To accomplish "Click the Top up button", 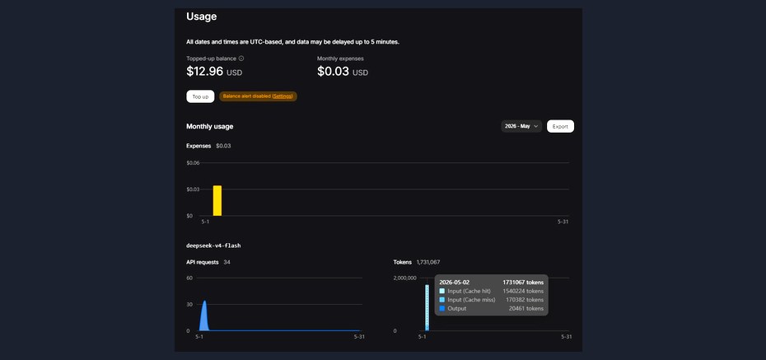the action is pyautogui.click(x=200, y=96).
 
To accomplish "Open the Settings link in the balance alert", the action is pyautogui.click(x=283, y=96).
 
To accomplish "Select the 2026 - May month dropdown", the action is pyautogui.click(x=521, y=126).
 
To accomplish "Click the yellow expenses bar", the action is pyautogui.click(x=217, y=201).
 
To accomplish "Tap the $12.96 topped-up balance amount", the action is pyautogui.click(x=205, y=72).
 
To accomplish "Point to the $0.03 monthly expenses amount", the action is pyautogui.click(x=334, y=72).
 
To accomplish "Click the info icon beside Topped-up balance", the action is pyautogui.click(x=241, y=58).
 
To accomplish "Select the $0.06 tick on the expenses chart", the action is pyautogui.click(x=193, y=162).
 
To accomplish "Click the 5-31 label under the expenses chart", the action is pyautogui.click(x=563, y=222).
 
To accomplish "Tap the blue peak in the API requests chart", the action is pyautogui.click(x=205, y=302).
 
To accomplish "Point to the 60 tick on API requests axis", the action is pyautogui.click(x=189, y=278).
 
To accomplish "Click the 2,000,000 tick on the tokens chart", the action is pyautogui.click(x=404, y=278).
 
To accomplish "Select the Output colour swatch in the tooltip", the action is pyautogui.click(x=442, y=309).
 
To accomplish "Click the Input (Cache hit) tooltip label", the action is pyautogui.click(x=469, y=291).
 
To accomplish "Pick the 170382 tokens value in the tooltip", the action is pyautogui.click(x=523, y=300).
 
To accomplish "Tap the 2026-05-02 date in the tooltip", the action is pyautogui.click(x=455, y=282).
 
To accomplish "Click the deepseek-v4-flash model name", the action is pyautogui.click(x=213, y=245).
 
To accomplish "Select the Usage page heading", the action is pyautogui.click(x=201, y=16).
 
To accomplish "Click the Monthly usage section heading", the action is pyautogui.click(x=209, y=127).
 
